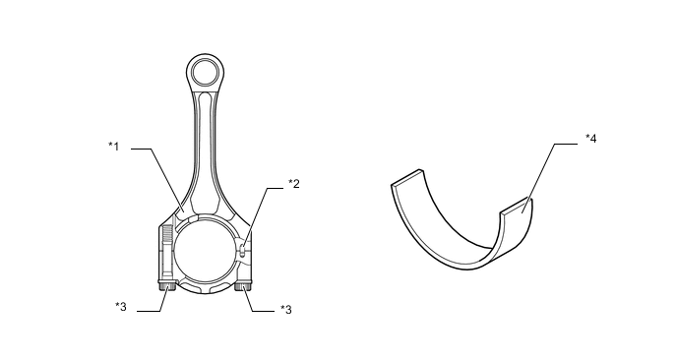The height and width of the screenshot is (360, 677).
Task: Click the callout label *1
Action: tap(113, 147)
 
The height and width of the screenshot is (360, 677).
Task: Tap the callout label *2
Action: tap(294, 184)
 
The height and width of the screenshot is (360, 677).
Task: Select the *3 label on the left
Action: tap(121, 307)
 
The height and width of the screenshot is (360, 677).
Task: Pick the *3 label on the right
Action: tap(285, 310)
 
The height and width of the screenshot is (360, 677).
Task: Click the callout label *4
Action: tap(591, 138)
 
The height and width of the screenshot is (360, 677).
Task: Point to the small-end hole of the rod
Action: tap(205, 72)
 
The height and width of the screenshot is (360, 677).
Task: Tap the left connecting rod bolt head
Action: tap(167, 285)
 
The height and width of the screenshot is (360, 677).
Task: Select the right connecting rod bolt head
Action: tap(243, 286)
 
